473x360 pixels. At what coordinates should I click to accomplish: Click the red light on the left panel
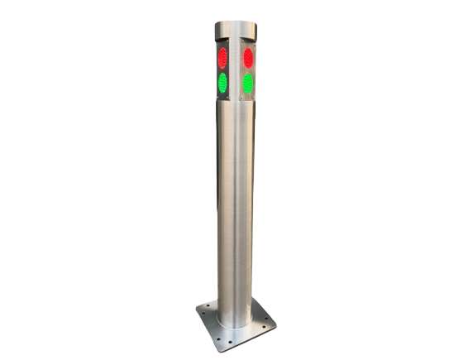[x=222, y=58]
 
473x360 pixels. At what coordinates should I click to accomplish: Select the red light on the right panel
[x=248, y=57]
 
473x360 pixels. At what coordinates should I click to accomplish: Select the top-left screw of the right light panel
[x=241, y=41]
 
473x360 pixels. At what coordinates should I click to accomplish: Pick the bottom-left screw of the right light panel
[x=241, y=97]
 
